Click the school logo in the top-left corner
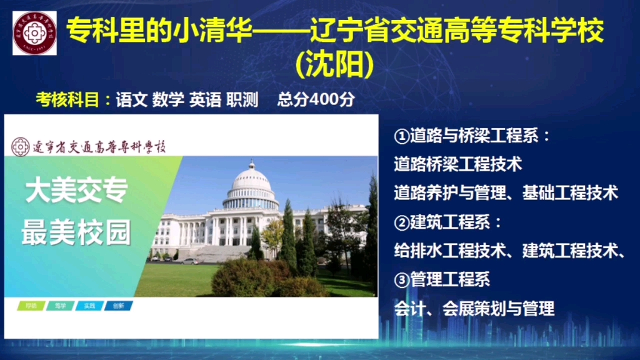pyautogui.click(x=34, y=32)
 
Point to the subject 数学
pyautogui.click(x=168, y=100)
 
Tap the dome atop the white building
pyautogui.click(x=251, y=181)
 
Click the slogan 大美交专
pyautogui.click(x=76, y=192)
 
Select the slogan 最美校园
pyautogui.click(x=76, y=233)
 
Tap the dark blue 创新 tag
pyautogui.click(x=118, y=306)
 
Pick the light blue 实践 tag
pyautogui.click(x=89, y=306)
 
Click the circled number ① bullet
pyautogui.click(x=401, y=136)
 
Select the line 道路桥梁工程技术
pyautogui.click(x=457, y=164)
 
